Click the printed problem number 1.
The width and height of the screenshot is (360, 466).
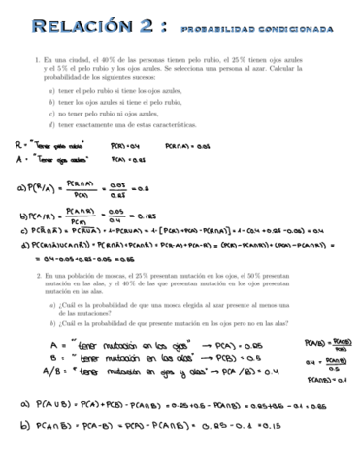[x=36, y=59]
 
